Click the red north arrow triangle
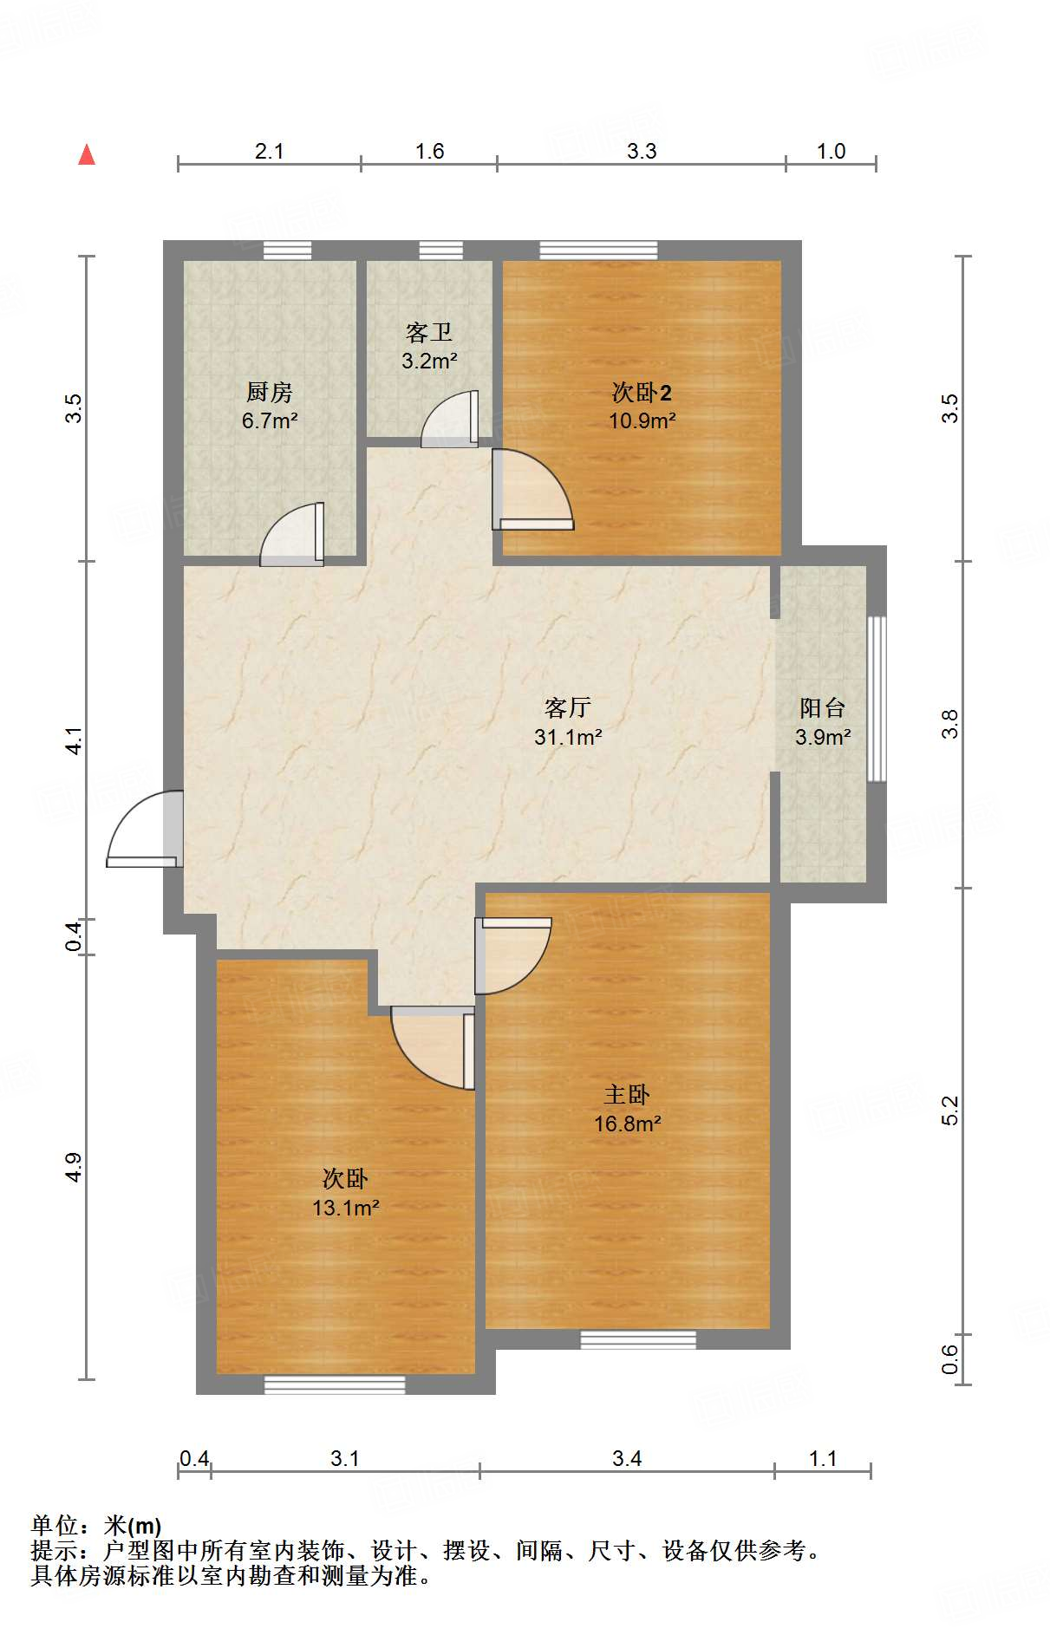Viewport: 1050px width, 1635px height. coord(87,154)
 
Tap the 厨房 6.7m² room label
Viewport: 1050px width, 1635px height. coord(270,407)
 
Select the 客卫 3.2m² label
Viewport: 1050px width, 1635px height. coord(429,347)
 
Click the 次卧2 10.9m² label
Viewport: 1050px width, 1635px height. coord(642,407)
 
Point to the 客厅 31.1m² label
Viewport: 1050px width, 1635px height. coord(568,722)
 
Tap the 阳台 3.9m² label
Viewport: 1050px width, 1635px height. coord(822,722)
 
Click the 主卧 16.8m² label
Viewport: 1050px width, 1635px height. coord(627,1109)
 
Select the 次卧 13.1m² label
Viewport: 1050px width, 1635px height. coord(345,1193)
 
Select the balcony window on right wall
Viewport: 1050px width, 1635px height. coord(877,699)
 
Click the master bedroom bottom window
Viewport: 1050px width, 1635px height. coord(638,1339)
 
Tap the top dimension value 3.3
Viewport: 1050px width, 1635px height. coord(642,152)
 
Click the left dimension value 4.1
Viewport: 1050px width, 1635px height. coord(75,741)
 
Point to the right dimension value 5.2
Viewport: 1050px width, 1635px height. coord(951,1111)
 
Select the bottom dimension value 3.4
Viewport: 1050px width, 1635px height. coord(627,1459)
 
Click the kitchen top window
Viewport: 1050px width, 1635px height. coord(287,250)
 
